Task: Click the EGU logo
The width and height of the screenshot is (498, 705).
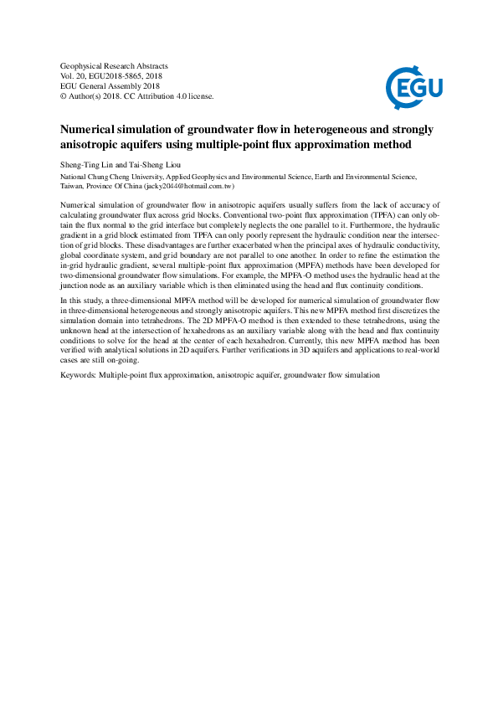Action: [x=414, y=84]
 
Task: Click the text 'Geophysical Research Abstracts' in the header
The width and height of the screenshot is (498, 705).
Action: [x=115, y=65]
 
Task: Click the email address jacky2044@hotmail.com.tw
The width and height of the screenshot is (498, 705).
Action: [x=196, y=188]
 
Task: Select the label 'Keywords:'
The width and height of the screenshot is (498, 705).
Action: [x=79, y=375]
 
